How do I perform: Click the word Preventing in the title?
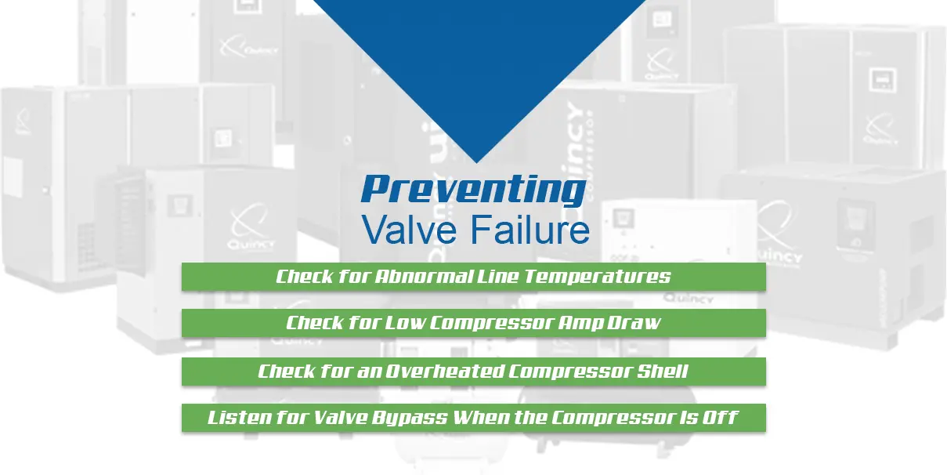pyautogui.click(x=473, y=190)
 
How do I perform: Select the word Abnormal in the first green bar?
pyautogui.click(x=423, y=277)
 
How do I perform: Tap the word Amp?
pyautogui.click(x=573, y=323)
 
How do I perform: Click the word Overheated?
pyautogui.click(x=443, y=371)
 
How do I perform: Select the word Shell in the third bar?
pyautogui.click(x=663, y=371)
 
